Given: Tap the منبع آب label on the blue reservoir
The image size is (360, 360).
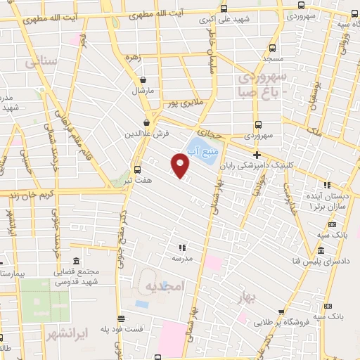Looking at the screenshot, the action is click(202, 150).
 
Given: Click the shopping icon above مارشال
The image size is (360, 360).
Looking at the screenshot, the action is click(143, 80).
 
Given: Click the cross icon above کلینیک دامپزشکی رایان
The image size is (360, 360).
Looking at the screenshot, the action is click(257, 155).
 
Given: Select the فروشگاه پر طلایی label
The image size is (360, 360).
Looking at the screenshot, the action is click(262, 322).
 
